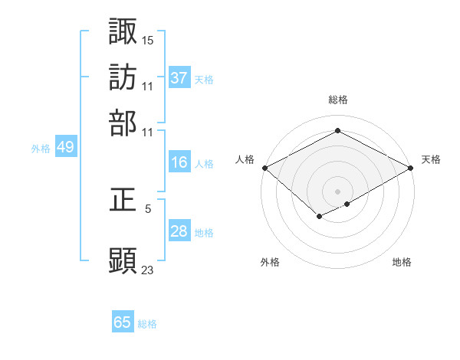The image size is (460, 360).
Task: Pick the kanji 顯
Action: [x=123, y=260]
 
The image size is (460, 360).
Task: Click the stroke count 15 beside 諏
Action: [x=148, y=39]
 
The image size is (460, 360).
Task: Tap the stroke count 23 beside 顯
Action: [x=148, y=269]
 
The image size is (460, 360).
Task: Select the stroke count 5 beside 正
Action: [x=148, y=208]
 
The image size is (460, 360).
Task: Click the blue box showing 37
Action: [x=179, y=78]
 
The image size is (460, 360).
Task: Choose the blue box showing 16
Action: [x=179, y=162]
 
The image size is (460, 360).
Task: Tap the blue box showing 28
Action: [x=179, y=231]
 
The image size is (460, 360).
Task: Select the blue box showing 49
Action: [x=65, y=148]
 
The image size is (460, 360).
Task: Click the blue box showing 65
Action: [x=123, y=322]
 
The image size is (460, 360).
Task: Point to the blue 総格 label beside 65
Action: [x=147, y=324]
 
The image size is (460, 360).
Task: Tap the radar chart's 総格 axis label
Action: [x=338, y=100]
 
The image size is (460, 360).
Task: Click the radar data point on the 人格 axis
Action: [x=264, y=168]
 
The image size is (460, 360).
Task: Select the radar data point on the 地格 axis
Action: [x=348, y=204]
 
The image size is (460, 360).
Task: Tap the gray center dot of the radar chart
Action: [x=338, y=191]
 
